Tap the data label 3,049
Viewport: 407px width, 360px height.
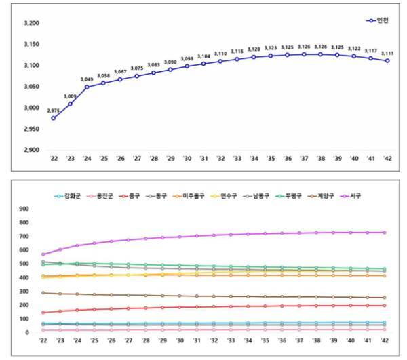(86, 79)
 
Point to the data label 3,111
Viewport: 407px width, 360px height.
(387, 53)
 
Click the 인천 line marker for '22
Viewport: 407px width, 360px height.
(54, 118)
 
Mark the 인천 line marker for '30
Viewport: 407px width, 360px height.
(187, 66)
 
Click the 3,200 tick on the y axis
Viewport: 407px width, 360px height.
(31, 23)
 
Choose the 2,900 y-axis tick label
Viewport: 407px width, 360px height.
(31, 150)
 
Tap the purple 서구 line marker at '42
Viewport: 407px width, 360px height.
(385, 233)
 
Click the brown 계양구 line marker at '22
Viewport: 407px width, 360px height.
(43, 293)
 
